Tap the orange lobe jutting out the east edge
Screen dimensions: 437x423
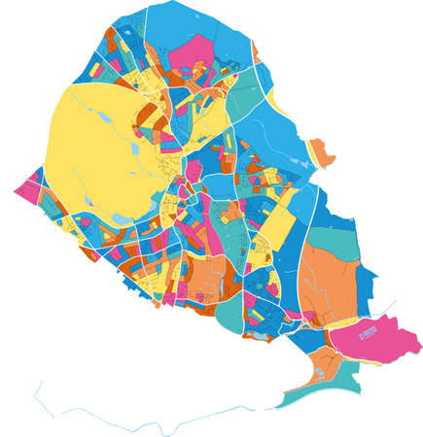pyautogui.click(x=322, y=151)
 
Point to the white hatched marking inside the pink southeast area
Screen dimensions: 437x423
pyautogui.click(x=367, y=334)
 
